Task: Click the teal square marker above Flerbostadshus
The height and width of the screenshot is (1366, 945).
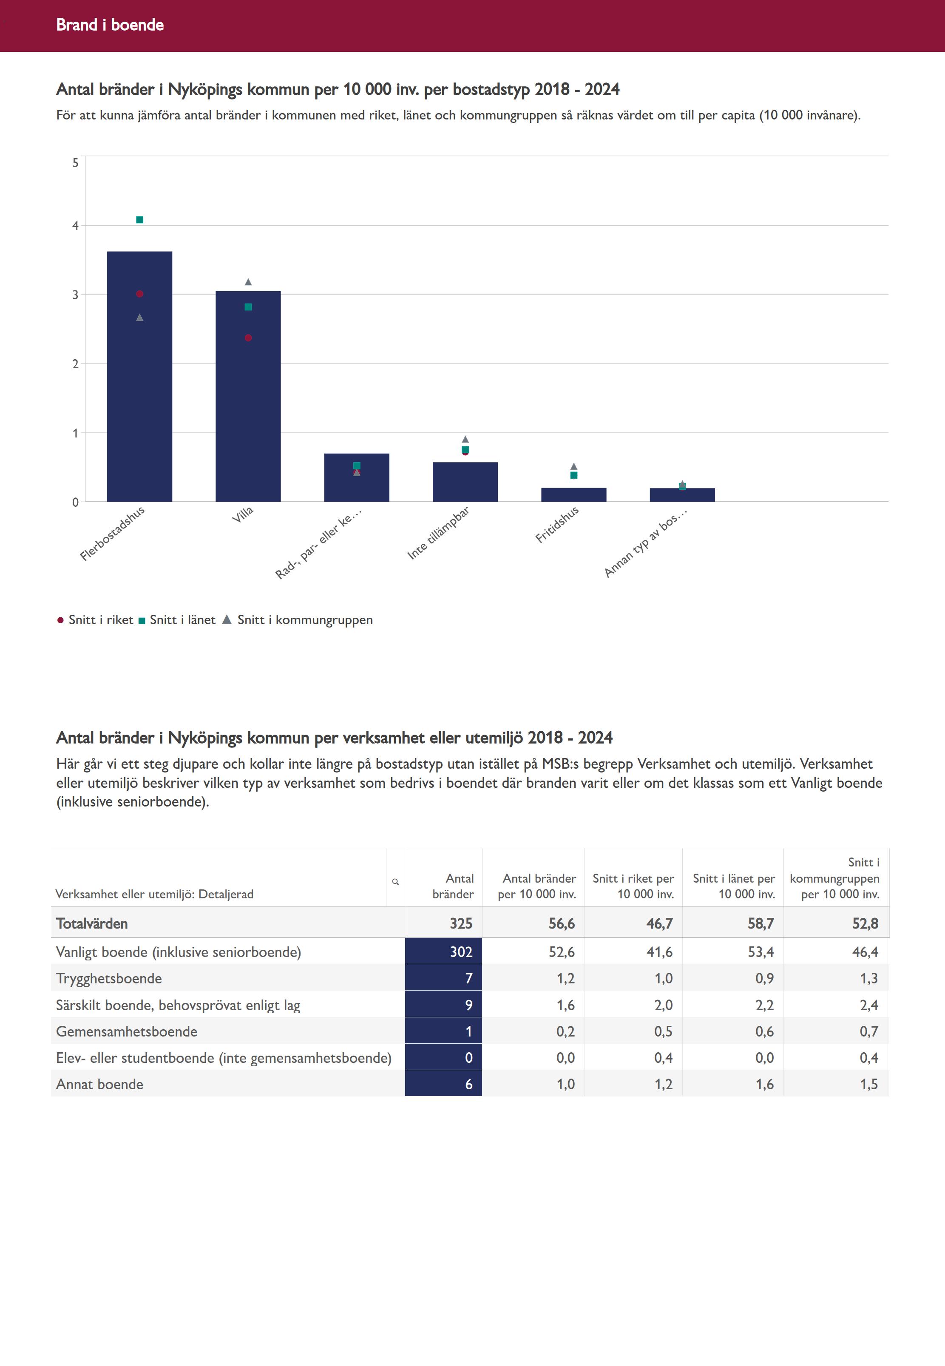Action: [x=140, y=220]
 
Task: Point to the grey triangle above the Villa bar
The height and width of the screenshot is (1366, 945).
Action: [x=248, y=282]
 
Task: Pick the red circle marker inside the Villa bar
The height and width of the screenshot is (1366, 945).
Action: [x=248, y=338]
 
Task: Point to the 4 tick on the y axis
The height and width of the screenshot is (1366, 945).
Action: [x=75, y=226]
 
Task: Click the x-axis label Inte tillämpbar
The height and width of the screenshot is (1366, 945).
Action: [x=438, y=532]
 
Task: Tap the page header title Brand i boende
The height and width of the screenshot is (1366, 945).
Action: [x=110, y=25]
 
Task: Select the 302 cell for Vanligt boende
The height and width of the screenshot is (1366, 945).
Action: [x=461, y=951]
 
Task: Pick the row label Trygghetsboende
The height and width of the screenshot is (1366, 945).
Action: [x=109, y=978]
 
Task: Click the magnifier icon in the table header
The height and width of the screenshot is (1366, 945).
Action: [x=395, y=882]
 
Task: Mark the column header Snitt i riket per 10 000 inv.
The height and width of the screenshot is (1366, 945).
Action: [x=633, y=886]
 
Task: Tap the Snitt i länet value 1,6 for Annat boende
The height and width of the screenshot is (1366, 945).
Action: [x=764, y=1084]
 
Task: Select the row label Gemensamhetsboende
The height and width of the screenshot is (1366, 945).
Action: [x=127, y=1031]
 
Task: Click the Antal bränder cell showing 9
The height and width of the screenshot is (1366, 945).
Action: [x=468, y=1005]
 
